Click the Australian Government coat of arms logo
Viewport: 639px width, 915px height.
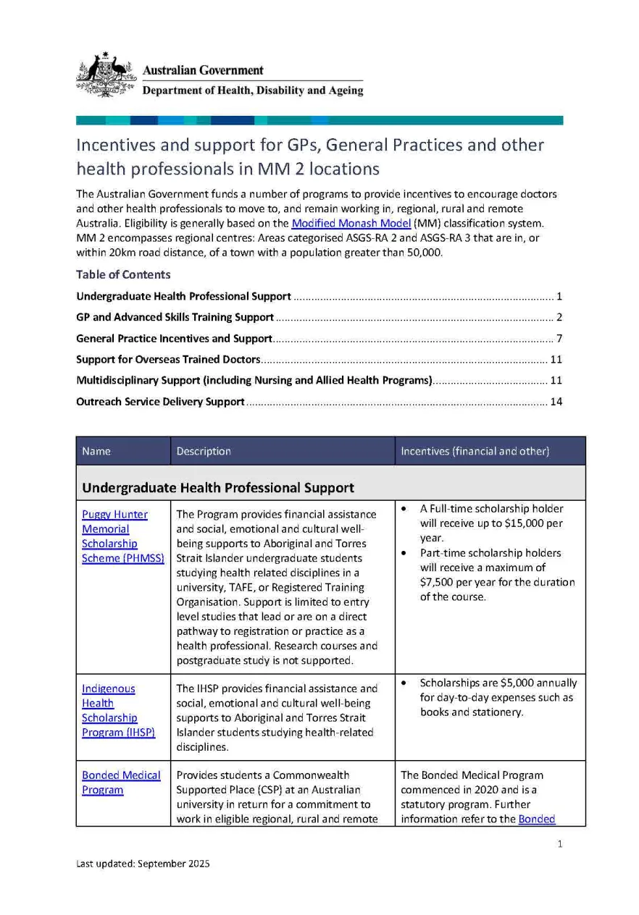[106, 75]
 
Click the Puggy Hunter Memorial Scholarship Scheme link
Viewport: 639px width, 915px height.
[114, 536]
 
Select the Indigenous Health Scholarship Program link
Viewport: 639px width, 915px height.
[109, 710]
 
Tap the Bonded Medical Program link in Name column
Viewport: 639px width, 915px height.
[121, 783]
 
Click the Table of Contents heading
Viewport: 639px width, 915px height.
[123, 274]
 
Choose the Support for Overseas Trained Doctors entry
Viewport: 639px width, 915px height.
[168, 359]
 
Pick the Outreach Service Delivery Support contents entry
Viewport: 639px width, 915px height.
[160, 401]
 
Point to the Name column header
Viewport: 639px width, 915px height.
[96, 451]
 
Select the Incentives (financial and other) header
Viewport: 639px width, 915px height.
[475, 451]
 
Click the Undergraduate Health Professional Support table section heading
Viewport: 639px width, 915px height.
[218, 488]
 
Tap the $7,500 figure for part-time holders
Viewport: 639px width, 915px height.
[439, 582]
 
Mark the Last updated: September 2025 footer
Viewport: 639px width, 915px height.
[143, 864]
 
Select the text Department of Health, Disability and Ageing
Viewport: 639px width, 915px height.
[253, 91]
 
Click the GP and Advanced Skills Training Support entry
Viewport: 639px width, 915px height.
[175, 317]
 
